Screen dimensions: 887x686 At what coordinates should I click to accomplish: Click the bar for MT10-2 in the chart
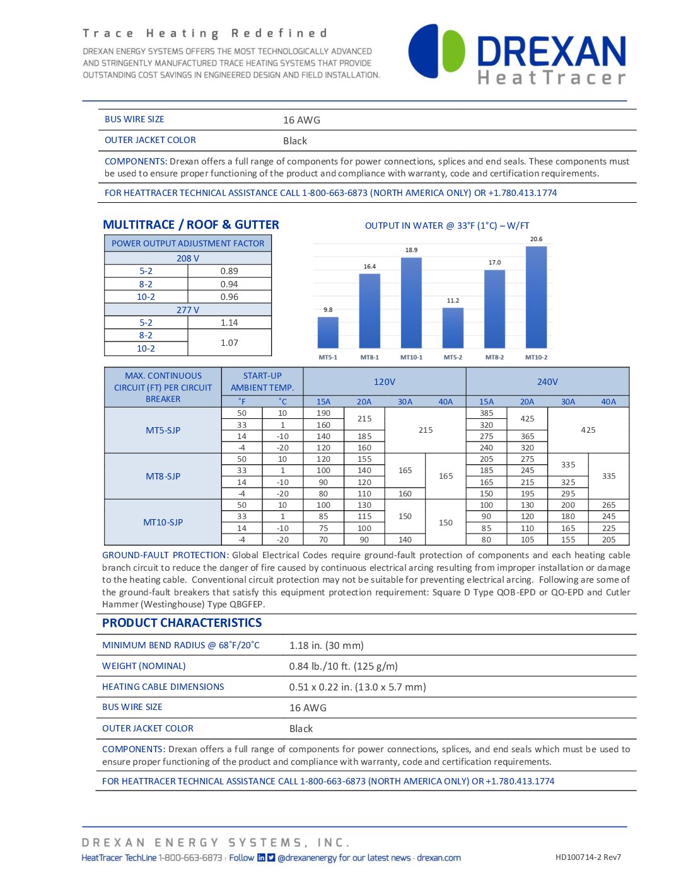[x=536, y=297]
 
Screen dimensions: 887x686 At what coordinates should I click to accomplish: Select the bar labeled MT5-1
[x=328, y=332]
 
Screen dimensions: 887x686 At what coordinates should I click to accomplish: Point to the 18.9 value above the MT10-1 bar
[x=411, y=250]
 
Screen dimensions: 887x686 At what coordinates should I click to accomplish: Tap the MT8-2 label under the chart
[x=494, y=357]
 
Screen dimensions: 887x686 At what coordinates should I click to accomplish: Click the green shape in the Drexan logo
[x=453, y=51]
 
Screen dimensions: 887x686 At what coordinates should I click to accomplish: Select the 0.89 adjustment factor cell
[x=229, y=271]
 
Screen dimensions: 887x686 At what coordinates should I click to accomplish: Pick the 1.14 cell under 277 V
[x=229, y=323]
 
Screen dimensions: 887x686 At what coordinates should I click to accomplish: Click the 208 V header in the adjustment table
[x=187, y=258]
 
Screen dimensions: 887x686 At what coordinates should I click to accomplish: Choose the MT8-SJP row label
[x=163, y=476]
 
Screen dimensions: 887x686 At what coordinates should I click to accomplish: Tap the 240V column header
[x=547, y=382]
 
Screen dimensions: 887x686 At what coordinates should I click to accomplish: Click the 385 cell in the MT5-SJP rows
[x=486, y=413]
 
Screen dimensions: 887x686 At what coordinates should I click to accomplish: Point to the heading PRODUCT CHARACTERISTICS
[x=182, y=623]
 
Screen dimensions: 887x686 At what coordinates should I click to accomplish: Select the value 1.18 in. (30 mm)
[x=326, y=645]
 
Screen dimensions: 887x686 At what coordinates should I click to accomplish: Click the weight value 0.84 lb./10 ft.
[x=343, y=666]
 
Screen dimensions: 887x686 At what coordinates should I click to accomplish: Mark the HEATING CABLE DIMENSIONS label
[x=163, y=687]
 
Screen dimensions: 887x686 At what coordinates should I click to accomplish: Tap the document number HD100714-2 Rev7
[x=588, y=857]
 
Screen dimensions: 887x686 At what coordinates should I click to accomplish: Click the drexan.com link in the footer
[x=439, y=857]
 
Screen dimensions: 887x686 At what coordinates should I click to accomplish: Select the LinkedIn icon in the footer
[x=261, y=857]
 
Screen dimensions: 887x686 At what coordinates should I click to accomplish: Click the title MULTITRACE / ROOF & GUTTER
[x=190, y=225]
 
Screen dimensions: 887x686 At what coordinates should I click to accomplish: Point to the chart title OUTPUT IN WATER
[x=447, y=226]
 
